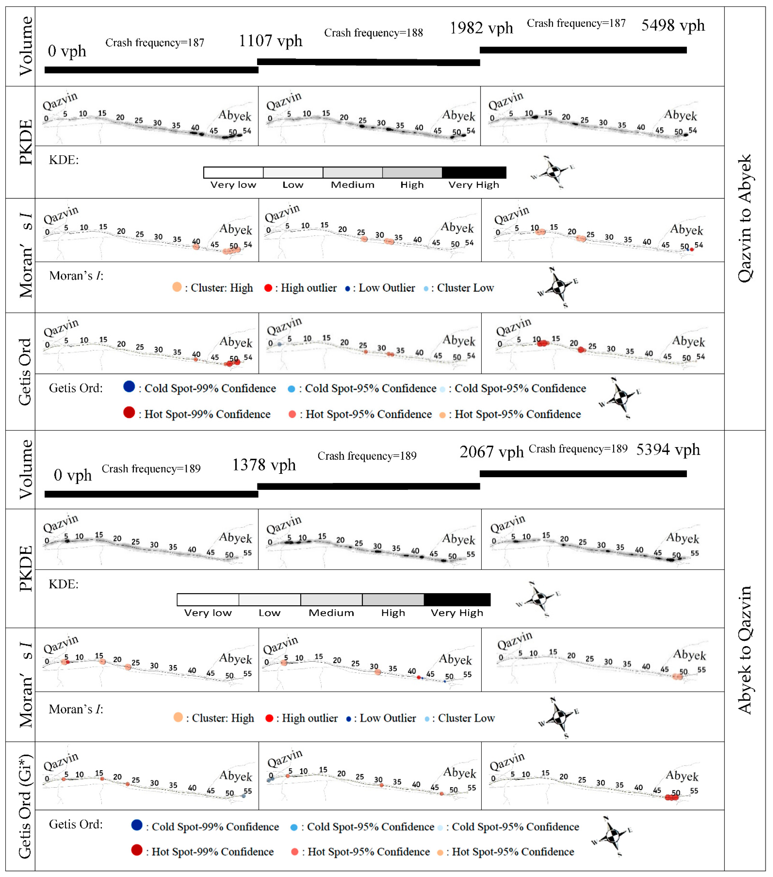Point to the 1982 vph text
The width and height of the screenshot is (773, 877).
pos(481,28)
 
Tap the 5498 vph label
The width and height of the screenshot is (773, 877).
pos(673,26)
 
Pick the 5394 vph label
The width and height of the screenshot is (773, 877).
pos(668,450)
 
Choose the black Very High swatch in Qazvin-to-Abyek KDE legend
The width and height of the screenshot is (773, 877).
pos(474,172)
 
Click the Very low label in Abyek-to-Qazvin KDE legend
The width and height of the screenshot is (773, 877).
pos(208,613)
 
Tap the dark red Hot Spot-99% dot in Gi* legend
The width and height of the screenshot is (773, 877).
pos(137,850)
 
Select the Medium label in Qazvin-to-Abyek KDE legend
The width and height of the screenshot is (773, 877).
pos(352,185)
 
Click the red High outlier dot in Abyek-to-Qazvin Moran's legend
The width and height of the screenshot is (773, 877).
pos(269,718)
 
